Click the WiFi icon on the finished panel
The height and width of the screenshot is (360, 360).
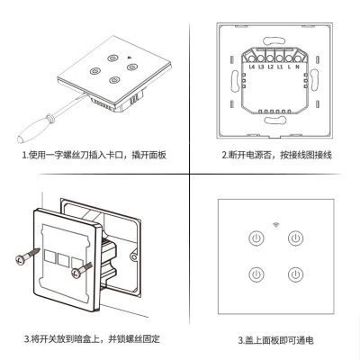click(x=275, y=220)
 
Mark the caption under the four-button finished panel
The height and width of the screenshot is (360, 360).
click(x=275, y=340)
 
